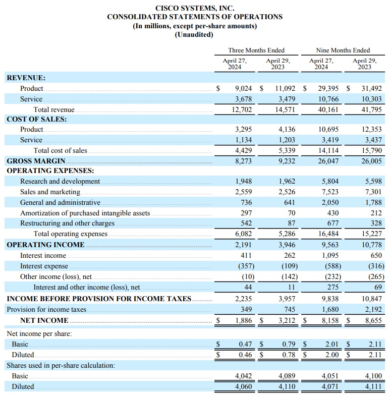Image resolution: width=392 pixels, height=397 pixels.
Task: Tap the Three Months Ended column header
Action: [x=256, y=50]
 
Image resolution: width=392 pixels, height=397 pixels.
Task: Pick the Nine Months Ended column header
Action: [x=343, y=50]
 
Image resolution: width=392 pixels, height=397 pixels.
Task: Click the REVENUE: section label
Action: [x=26, y=78]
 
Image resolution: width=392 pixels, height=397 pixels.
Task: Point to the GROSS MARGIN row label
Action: [x=36, y=161]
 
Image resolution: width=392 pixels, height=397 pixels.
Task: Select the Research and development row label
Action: [x=60, y=181]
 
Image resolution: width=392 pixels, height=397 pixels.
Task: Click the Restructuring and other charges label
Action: [x=67, y=223]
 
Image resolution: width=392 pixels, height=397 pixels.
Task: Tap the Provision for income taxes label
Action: [x=53, y=309]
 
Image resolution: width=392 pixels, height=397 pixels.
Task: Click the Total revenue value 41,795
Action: [x=371, y=109]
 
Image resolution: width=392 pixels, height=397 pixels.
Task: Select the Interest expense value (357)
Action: [x=244, y=266]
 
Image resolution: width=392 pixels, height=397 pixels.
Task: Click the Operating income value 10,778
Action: [x=371, y=245]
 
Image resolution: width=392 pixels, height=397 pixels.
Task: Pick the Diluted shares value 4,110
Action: [x=287, y=387]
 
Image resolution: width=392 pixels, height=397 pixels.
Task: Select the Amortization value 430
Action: [x=333, y=213]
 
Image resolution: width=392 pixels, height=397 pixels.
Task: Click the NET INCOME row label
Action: [x=44, y=320]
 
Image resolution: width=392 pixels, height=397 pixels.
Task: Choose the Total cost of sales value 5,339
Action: [x=287, y=150]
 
